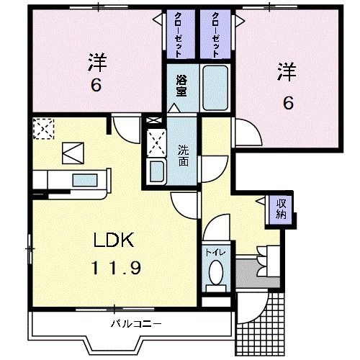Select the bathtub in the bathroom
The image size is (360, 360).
pyautogui.click(x=213, y=86)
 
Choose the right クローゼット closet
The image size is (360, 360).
pyautogui.click(x=215, y=34)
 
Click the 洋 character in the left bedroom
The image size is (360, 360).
pyautogui.click(x=95, y=61)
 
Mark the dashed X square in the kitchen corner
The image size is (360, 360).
pyautogui.click(x=43, y=128)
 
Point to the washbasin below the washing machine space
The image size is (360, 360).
pyautogui.click(x=156, y=171)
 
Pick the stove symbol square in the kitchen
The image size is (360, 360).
pyautogui.click(x=72, y=152)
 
